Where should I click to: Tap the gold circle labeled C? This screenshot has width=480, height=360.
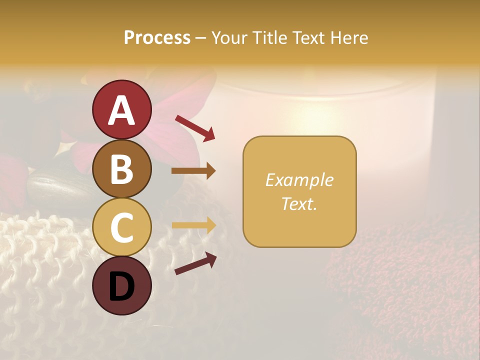[121, 228]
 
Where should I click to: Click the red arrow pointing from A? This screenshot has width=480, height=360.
[195, 127]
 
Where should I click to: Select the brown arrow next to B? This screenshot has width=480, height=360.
[193, 171]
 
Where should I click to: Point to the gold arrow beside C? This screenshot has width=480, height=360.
[193, 225]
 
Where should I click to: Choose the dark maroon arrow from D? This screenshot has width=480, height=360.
[195, 263]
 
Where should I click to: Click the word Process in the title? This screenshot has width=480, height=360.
[157, 37]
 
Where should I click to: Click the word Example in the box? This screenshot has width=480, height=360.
[299, 180]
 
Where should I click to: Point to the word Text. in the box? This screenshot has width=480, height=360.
[299, 203]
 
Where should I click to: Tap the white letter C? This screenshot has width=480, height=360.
[121, 228]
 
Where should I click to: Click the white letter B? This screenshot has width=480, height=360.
[121, 169]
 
